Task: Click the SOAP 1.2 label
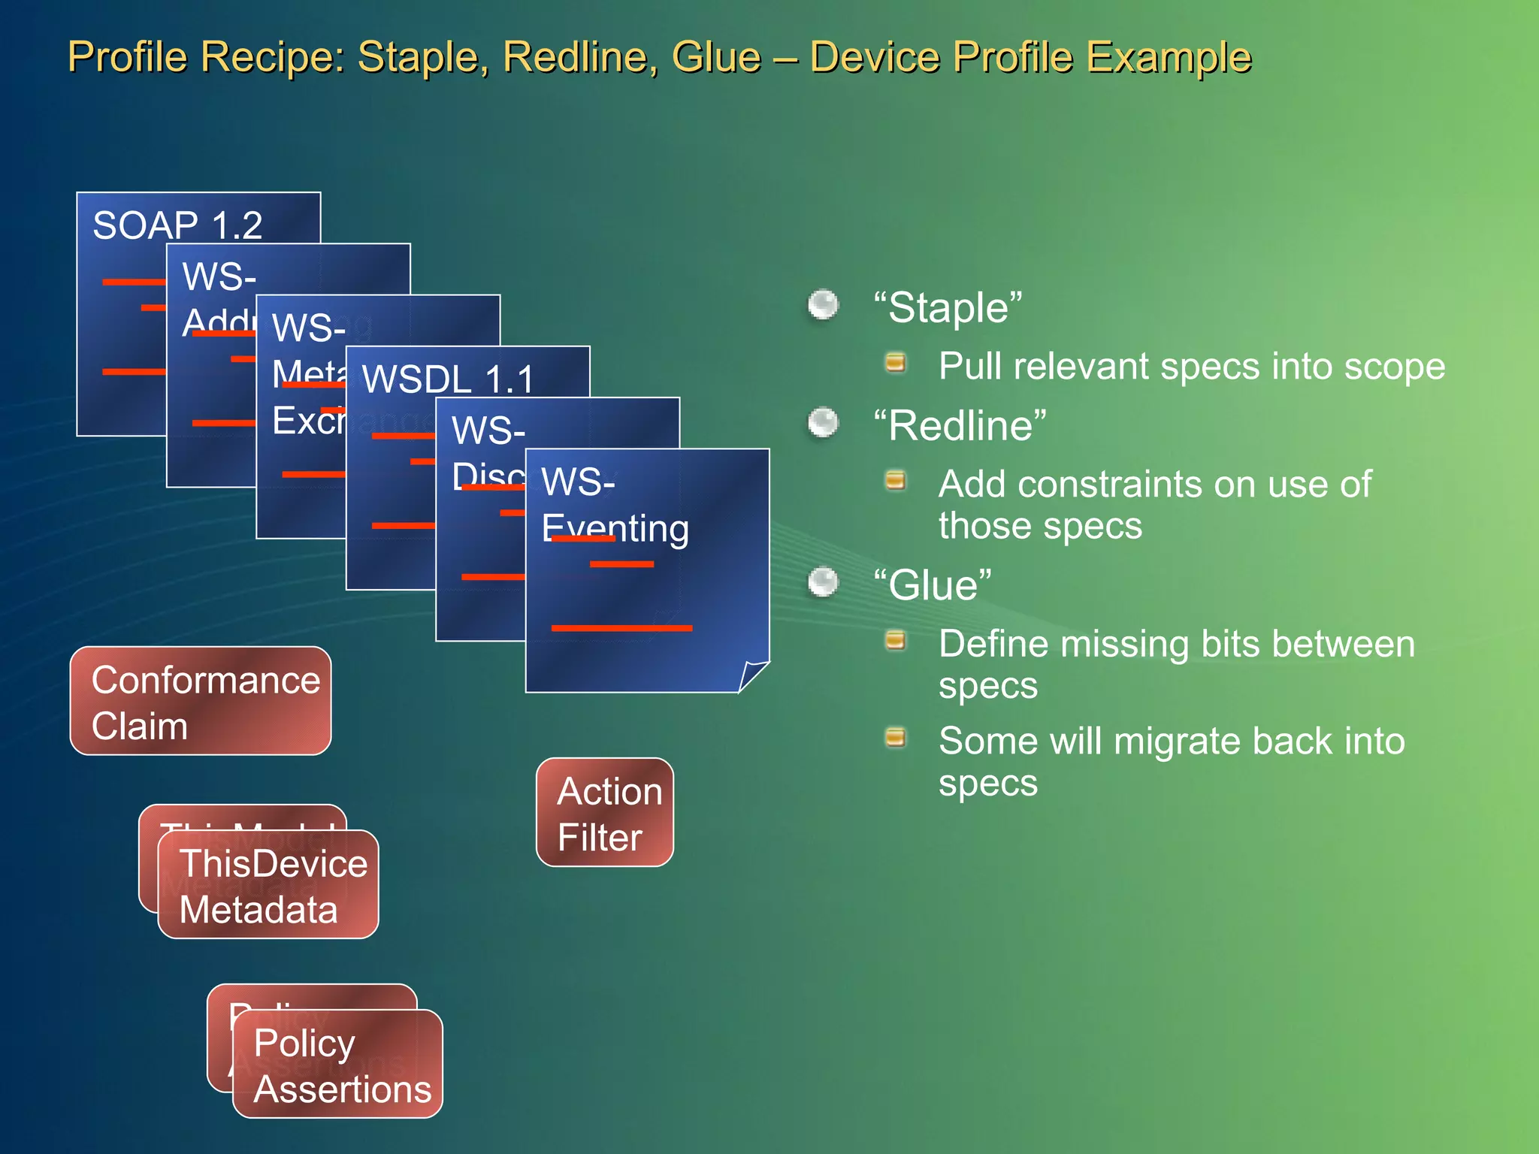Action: click(177, 225)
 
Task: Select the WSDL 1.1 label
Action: click(448, 379)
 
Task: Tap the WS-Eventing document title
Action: click(615, 505)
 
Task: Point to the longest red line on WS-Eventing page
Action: click(621, 628)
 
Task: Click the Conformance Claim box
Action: click(201, 702)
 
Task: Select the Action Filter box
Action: click(605, 813)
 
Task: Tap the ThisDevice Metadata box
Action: click(268, 885)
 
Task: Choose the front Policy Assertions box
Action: click(338, 1065)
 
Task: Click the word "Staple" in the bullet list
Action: click(948, 308)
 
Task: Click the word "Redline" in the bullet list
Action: click(960, 426)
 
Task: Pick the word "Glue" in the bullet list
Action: click(933, 585)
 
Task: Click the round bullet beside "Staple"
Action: click(823, 305)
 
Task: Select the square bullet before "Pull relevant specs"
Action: click(895, 364)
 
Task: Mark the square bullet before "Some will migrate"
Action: click(895, 738)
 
